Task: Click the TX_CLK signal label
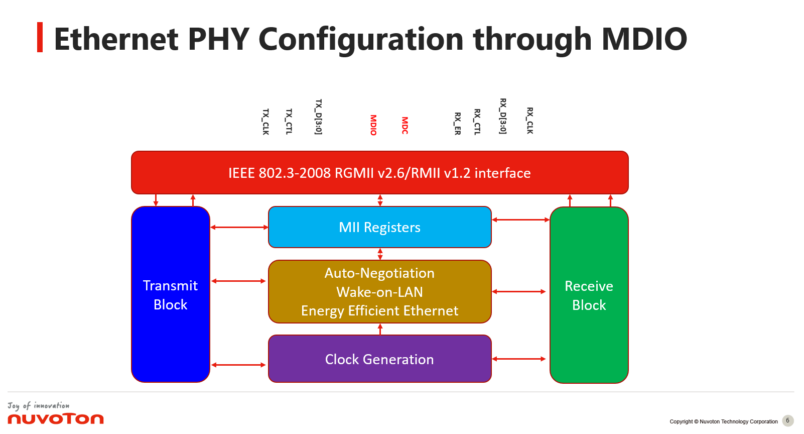click(265, 122)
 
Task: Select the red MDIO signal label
click(373, 125)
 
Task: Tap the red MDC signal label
click(405, 126)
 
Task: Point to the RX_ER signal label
click(457, 124)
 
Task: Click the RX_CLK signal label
click(529, 121)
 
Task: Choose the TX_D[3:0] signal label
click(318, 117)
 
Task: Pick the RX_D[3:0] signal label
click(502, 116)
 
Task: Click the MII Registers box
click(379, 228)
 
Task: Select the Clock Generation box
click(379, 359)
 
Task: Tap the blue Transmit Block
click(170, 295)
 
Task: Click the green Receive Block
click(589, 295)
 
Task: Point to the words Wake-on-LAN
click(379, 292)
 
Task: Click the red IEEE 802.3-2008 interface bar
click(379, 173)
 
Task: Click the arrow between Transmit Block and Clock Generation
click(238, 365)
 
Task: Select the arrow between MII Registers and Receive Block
click(520, 220)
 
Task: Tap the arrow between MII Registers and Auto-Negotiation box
click(380, 254)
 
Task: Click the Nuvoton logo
click(55, 418)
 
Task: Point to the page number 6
click(787, 421)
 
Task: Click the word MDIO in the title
click(644, 39)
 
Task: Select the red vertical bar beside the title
click(40, 37)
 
